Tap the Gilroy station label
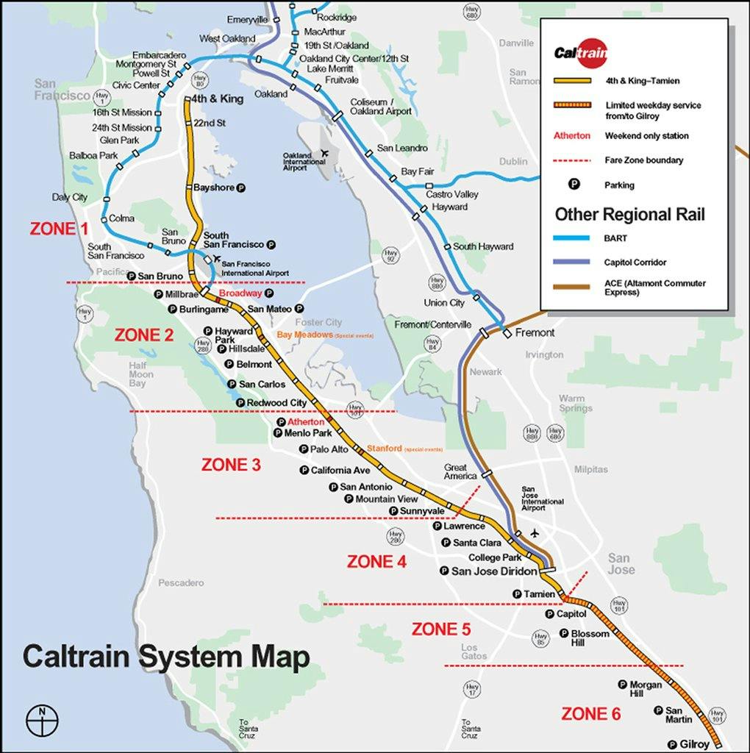[x=695, y=744]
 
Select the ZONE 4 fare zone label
[x=376, y=562]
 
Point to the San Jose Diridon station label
[x=494, y=571]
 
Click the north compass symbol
[x=42, y=718]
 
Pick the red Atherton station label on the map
[x=305, y=422]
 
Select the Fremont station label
[x=535, y=332]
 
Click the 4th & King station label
[x=216, y=99]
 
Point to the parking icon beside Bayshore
[x=240, y=188]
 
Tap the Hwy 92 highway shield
[x=391, y=256]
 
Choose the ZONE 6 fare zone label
[x=590, y=713]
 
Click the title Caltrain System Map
[x=166, y=657]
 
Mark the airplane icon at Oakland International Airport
[x=324, y=153]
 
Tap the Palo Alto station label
[x=329, y=449]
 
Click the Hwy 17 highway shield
[x=472, y=689]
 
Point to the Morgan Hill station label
[x=645, y=689]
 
